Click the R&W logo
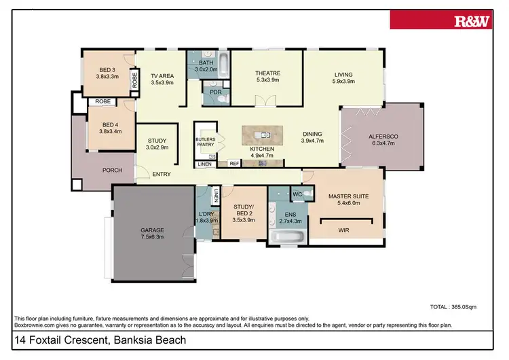coord(472,21)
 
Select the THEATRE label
coord(267,73)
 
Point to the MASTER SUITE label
coord(347,197)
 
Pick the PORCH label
coord(111,170)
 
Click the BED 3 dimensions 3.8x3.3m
coord(107,77)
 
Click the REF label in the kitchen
coord(233,164)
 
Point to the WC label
coord(297,195)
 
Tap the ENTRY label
coord(161,175)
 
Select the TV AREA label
coord(162,75)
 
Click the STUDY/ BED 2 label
coord(242,210)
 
